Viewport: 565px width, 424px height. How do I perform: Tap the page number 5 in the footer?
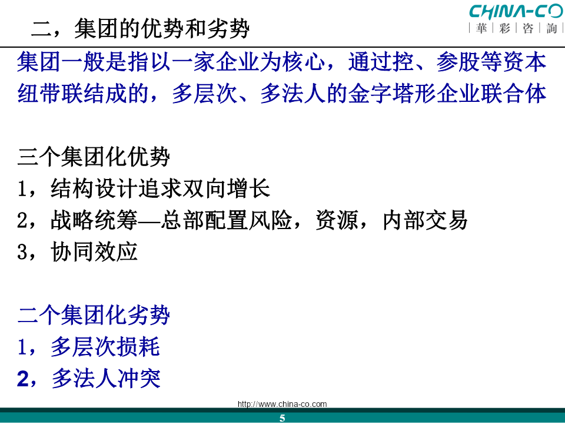point(282,418)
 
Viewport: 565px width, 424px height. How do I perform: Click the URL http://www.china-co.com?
point(282,404)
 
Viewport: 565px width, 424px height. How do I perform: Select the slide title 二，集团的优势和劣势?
point(140,28)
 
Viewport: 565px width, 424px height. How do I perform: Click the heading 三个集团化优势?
point(94,157)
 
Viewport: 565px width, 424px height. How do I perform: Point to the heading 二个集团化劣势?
point(94,314)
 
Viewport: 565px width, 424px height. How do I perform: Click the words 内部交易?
point(425,220)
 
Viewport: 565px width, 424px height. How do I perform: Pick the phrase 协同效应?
point(94,251)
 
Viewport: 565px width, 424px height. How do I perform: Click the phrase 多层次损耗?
point(105,346)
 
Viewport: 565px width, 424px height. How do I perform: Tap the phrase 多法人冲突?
point(106,379)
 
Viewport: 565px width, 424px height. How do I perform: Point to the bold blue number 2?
point(23,379)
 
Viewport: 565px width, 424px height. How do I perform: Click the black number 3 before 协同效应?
point(22,252)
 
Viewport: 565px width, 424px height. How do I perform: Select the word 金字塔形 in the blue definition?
point(392,94)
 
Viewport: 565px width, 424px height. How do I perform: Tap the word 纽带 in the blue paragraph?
point(39,94)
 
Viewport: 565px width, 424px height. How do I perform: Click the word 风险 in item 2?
point(270,220)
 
